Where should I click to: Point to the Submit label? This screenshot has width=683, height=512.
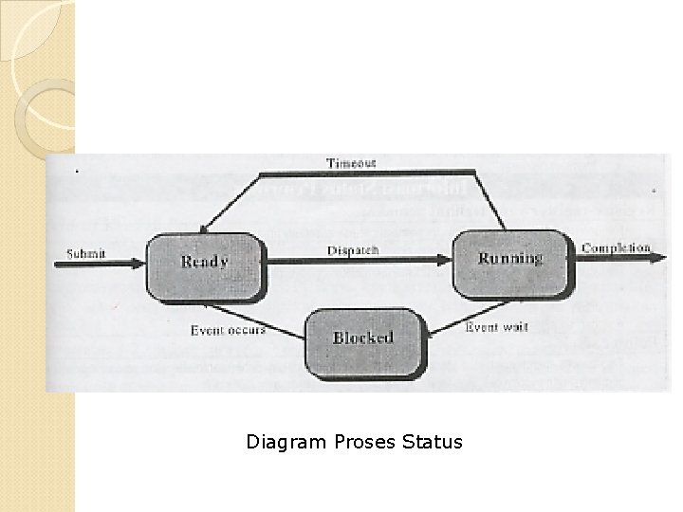(85, 253)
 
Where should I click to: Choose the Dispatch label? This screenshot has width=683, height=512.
(353, 250)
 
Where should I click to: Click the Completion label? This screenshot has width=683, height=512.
(617, 248)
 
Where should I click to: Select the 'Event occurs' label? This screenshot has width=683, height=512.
(228, 331)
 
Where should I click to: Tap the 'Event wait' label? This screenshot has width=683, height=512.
(497, 327)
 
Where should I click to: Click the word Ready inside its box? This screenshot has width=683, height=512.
(205, 262)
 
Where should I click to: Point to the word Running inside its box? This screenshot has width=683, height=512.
(511, 258)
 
